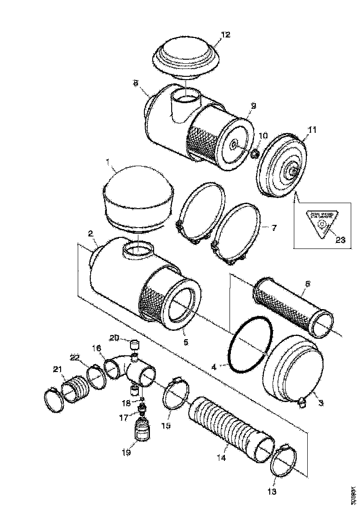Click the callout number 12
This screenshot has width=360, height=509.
click(225, 35)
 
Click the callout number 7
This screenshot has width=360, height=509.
click(274, 228)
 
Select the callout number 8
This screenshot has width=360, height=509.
click(136, 83)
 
